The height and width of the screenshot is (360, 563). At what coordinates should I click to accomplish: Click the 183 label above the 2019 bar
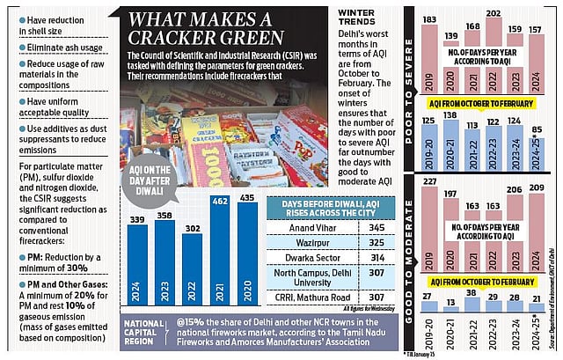[x=429, y=20]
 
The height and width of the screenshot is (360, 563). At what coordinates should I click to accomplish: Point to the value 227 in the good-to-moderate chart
[x=429, y=183]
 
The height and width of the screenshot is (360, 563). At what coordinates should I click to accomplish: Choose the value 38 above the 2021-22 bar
[x=471, y=293]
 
